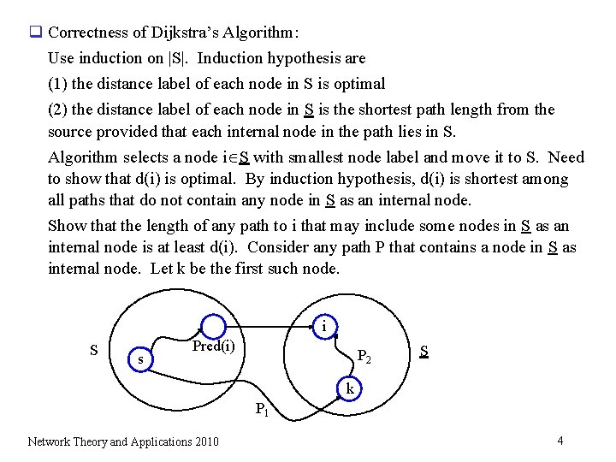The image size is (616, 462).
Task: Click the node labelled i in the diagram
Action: coord(324,326)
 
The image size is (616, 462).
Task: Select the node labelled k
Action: coord(350,388)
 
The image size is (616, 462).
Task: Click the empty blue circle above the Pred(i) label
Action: coord(213,326)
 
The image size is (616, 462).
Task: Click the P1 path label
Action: coord(262,409)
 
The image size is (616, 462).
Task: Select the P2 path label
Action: coord(364,356)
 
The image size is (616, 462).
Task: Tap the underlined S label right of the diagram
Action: coord(424,350)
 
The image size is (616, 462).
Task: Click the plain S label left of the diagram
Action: coord(93,350)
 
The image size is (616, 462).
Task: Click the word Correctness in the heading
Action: coord(86,33)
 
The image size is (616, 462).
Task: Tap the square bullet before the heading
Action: coord(36,33)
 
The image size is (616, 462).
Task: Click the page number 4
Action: coord(560,441)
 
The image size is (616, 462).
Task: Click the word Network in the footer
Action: coord(50,441)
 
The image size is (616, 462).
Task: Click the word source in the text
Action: coord(70,132)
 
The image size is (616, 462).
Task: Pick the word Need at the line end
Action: coord(566,157)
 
